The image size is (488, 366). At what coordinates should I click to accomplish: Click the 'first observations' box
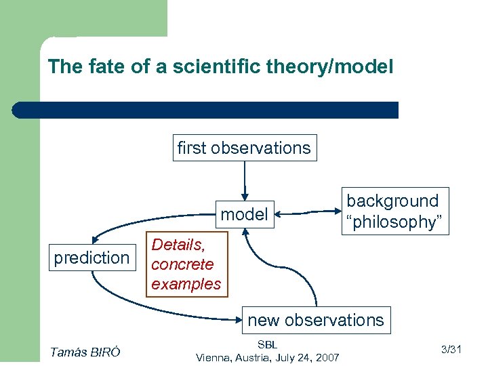coord(244,148)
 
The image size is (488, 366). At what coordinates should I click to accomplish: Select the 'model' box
coord(244,215)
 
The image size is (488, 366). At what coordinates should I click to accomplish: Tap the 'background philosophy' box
coord(394,211)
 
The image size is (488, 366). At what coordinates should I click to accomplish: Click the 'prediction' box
coord(91,258)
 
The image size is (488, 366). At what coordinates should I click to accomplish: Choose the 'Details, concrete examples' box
coord(186,264)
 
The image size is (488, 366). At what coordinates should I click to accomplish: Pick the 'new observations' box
coord(316,320)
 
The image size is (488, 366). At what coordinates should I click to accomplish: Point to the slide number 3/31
coord(451,350)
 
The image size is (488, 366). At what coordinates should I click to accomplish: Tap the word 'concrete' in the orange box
coord(182,264)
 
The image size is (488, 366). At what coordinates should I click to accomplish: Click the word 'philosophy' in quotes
coord(394,222)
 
